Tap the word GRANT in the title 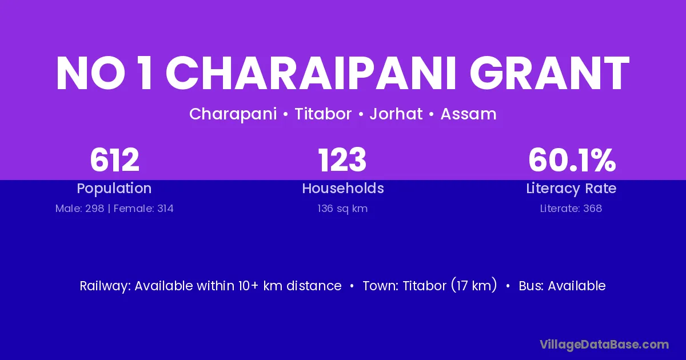click(549, 73)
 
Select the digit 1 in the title click(145, 73)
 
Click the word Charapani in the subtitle click(233, 114)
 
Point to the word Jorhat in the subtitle click(396, 114)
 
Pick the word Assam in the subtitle click(469, 114)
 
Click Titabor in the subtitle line click(323, 114)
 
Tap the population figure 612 click(114, 160)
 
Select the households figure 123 click(342, 160)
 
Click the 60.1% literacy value click(572, 160)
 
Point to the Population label click(114, 189)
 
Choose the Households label click(343, 188)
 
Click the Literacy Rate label click(571, 189)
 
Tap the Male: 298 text click(79, 209)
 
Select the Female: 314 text click(143, 209)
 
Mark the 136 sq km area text click(342, 209)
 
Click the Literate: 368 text click(571, 209)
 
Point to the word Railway click(105, 286)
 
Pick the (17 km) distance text click(474, 286)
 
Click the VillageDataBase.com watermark click(604, 345)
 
